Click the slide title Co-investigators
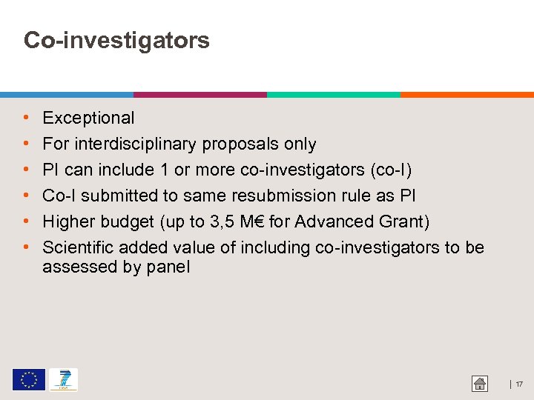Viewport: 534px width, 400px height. coord(116,40)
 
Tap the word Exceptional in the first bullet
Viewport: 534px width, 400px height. coord(88,118)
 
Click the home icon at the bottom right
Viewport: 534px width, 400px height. coord(480,384)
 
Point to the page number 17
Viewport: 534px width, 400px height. coord(519,384)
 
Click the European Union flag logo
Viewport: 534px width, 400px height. coord(28,380)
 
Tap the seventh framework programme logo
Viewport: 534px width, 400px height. coord(63,380)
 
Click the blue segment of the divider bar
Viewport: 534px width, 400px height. coord(67,95)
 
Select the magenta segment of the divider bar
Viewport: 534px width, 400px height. coord(200,95)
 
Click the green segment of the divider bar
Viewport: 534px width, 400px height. coord(334,95)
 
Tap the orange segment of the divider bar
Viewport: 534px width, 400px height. coord(467,95)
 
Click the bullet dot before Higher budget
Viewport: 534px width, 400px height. coord(27,221)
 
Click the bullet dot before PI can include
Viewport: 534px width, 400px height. coord(27,170)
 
